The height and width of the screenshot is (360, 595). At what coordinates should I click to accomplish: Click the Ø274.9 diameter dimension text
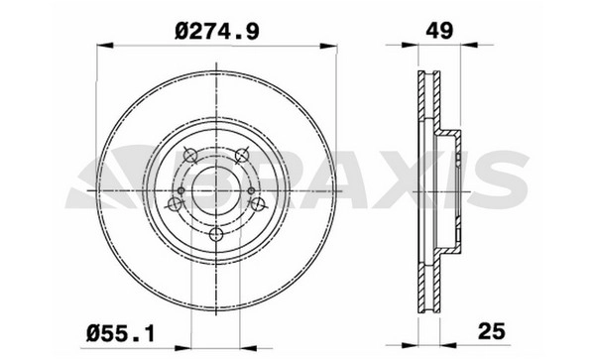click(217, 31)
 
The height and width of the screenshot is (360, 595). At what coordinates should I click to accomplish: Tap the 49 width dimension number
click(439, 31)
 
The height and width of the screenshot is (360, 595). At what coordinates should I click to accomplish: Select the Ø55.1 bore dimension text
click(120, 334)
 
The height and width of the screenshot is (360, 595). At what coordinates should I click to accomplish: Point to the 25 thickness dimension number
click(492, 331)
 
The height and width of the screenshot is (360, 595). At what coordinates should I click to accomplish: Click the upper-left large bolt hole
click(189, 155)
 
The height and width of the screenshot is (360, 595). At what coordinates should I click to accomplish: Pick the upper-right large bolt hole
click(241, 155)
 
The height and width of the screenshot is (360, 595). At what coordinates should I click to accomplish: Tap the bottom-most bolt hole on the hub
click(216, 234)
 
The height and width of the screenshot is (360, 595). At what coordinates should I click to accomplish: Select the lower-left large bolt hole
click(175, 204)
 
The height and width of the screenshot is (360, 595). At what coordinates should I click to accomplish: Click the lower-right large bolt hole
click(258, 204)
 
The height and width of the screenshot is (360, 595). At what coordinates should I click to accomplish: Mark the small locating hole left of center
click(181, 190)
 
